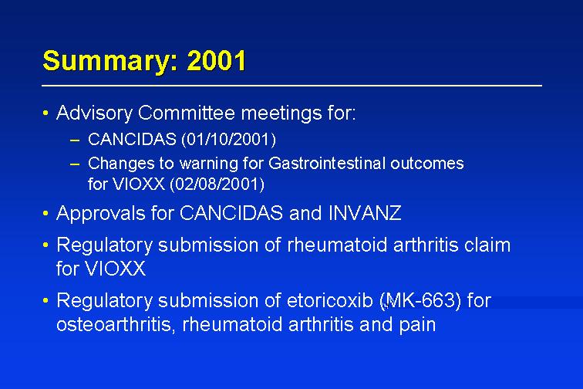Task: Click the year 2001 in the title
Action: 216,60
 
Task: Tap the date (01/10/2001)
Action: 229,140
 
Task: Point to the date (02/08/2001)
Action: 217,184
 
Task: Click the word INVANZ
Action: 365,213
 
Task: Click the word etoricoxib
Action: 330,300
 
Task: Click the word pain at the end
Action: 417,325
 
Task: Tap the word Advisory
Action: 94,113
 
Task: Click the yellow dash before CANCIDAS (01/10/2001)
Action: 75,140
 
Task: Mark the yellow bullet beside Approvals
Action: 45,213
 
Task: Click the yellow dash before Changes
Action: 75,164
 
